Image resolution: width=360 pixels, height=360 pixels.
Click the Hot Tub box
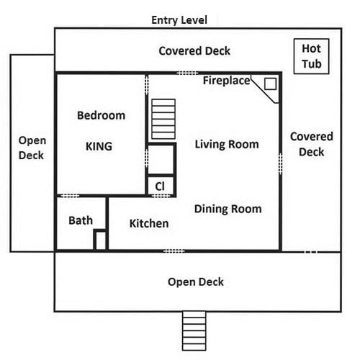pyautogui.click(x=311, y=56)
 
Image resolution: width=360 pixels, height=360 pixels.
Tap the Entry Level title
pyautogui.click(x=179, y=20)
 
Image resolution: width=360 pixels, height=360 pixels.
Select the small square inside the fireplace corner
pyautogui.click(x=270, y=84)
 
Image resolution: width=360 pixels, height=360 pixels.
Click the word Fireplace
pyautogui.click(x=227, y=81)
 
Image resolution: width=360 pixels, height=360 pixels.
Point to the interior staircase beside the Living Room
pyautogui.click(x=163, y=119)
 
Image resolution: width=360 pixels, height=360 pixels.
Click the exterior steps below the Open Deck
pyautogui.click(x=194, y=330)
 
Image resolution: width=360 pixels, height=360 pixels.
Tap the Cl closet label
pyautogui.click(x=160, y=186)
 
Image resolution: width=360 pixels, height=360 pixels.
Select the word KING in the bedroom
pyautogui.click(x=99, y=146)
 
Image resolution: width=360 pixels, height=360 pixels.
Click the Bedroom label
pyautogui.click(x=101, y=115)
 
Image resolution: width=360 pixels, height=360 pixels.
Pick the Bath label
pyautogui.click(x=81, y=220)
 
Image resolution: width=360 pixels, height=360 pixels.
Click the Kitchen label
pyautogui.click(x=149, y=223)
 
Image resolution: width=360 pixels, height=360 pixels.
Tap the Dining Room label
pyautogui.click(x=228, y=209)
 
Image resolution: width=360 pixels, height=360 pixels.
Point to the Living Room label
pyautogui.click(x=227, y=144)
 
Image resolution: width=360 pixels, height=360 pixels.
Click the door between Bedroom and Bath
pyautogui.click(x=70, y=196)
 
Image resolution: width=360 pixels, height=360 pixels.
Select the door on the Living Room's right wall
pyautogui.click(x=280, y=164)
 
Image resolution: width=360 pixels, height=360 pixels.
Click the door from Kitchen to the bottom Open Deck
pyautogui.click(x=174, y=251)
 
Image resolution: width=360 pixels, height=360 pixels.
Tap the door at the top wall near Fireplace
pyautogui.click(x=187, y=73)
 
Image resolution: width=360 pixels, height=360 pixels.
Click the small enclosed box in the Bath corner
pyautogui.click(x=101, y=240)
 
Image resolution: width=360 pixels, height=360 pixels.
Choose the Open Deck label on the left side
pyautogui.click(x=32, y=148)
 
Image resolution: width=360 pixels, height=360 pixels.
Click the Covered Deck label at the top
pyautogui.click(x=194, y=51)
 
